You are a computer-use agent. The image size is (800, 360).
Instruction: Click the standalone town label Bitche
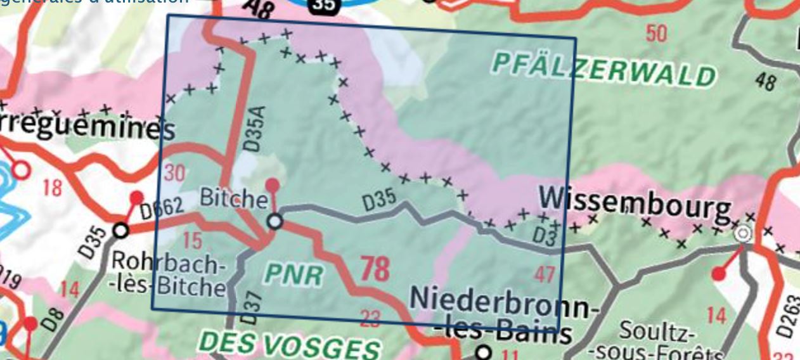point(233,199)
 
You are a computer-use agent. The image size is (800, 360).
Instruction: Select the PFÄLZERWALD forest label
point(603,69)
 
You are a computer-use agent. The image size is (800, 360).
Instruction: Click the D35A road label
point(252,133)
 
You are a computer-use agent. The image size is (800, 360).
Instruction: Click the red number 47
point(545,274)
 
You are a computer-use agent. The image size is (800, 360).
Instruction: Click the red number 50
point(656,32)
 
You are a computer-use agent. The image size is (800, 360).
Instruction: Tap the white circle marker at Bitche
point(275,221)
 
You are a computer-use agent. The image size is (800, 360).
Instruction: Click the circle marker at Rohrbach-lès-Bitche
point(120,229)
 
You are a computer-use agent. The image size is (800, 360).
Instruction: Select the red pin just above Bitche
point(272,185)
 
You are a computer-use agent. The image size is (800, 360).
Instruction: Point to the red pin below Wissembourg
point(718,274)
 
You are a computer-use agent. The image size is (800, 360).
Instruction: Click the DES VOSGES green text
point(290,346)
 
